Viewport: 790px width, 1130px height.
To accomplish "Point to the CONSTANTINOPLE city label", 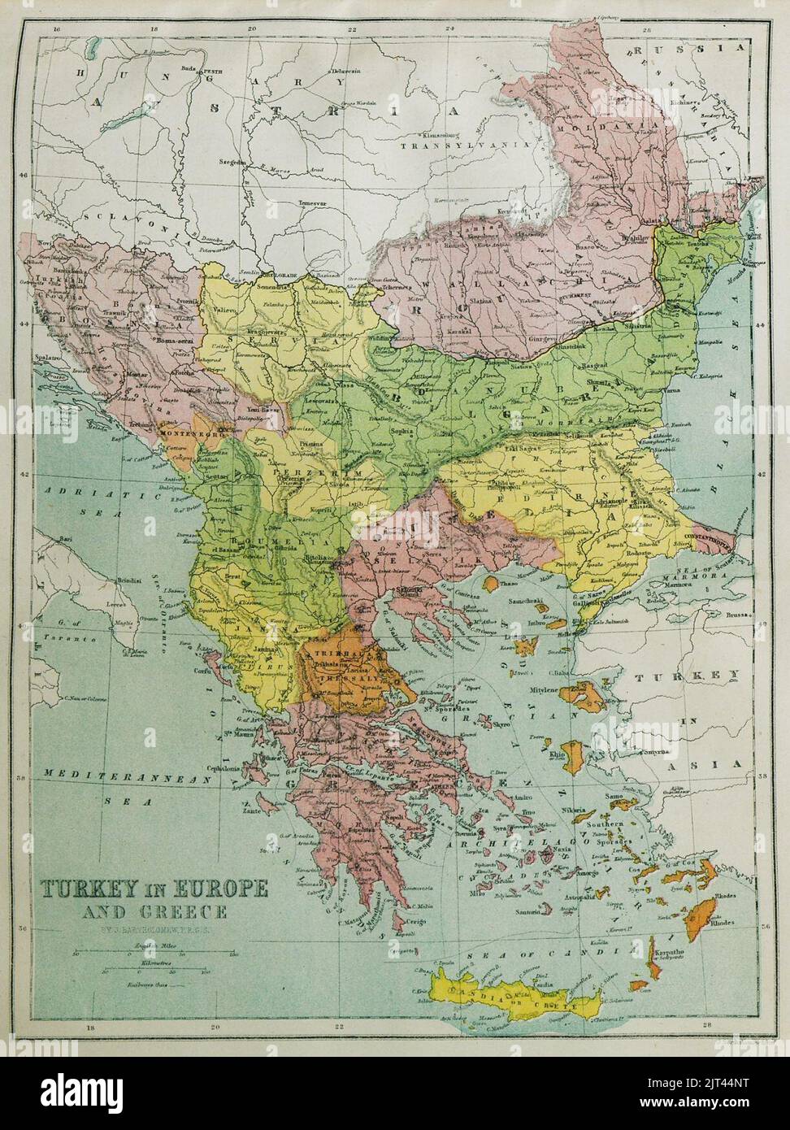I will coord(719,537).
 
